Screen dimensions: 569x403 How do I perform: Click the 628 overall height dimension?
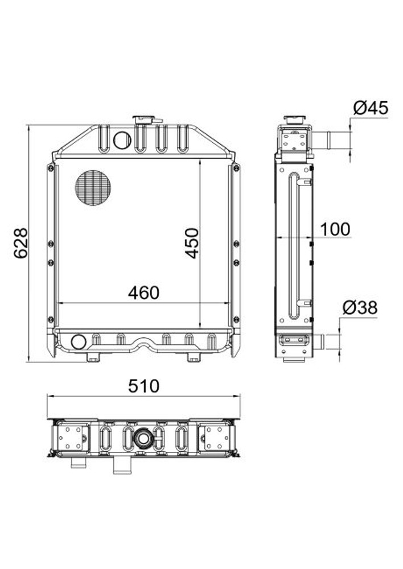[x=20, y=244]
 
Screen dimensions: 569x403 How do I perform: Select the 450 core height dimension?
[x=193, y=243]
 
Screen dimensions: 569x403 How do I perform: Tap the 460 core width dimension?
[x=143, y=293]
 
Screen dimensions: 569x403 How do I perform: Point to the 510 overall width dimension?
[x=143, y=386]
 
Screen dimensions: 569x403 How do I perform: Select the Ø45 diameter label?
[x=370, y=108]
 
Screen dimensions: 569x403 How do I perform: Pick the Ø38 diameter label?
[x=360, y=308]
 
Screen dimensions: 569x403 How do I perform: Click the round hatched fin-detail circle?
[x=93, y=188]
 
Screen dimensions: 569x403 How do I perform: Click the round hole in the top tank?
[x=122, y=139]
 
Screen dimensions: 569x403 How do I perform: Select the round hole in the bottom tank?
[x=78, y=342]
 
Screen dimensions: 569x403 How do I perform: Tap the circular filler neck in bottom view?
[x=142, y=438]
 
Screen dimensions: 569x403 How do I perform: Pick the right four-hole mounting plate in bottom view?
[x=215, y=438]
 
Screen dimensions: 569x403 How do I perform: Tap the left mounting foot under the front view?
[x=93, y=357]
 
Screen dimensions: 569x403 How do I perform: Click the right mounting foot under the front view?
[x=194, y=357]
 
